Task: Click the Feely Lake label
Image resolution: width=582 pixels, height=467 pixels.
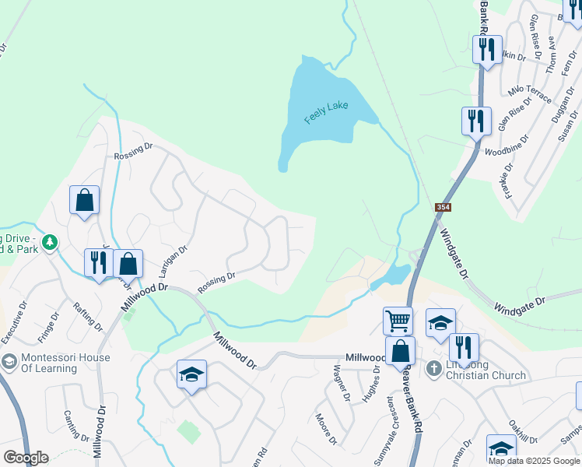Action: [326, 112]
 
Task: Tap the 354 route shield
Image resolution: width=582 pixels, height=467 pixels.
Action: [444, 206]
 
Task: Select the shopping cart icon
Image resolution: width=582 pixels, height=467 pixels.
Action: [397, 319]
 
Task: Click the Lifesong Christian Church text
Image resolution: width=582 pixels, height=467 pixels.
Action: [486, 370]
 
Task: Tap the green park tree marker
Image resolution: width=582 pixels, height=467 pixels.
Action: [50, 243]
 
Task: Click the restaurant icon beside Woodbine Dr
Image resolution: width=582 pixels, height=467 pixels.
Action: [475, 121]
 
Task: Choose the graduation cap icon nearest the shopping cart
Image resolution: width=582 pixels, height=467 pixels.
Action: [440, 322]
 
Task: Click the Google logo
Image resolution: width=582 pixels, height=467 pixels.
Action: [26, 458]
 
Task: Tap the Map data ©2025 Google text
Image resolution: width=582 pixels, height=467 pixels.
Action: [534, 461]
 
